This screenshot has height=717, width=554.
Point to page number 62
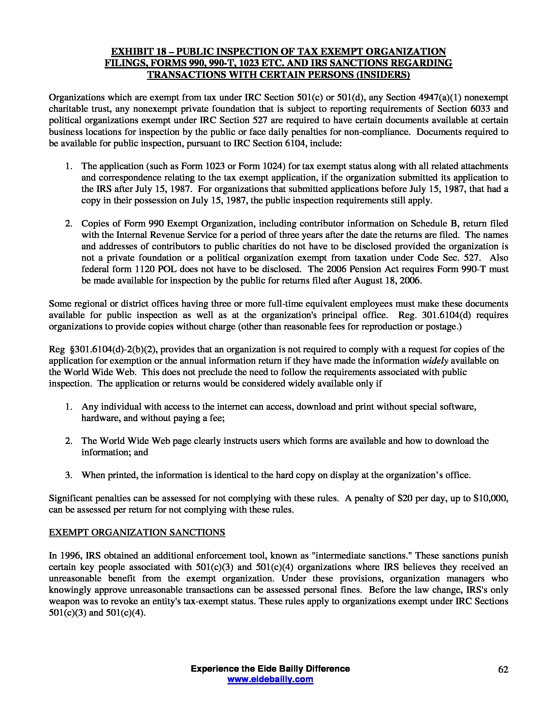coord(503,669)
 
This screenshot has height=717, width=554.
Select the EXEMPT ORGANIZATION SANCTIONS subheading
coord(137,532)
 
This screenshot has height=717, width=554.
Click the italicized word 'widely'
coord(435,360)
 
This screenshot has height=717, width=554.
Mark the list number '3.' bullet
coord(68,475)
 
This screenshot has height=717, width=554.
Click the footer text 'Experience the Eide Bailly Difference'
coord(270,669)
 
